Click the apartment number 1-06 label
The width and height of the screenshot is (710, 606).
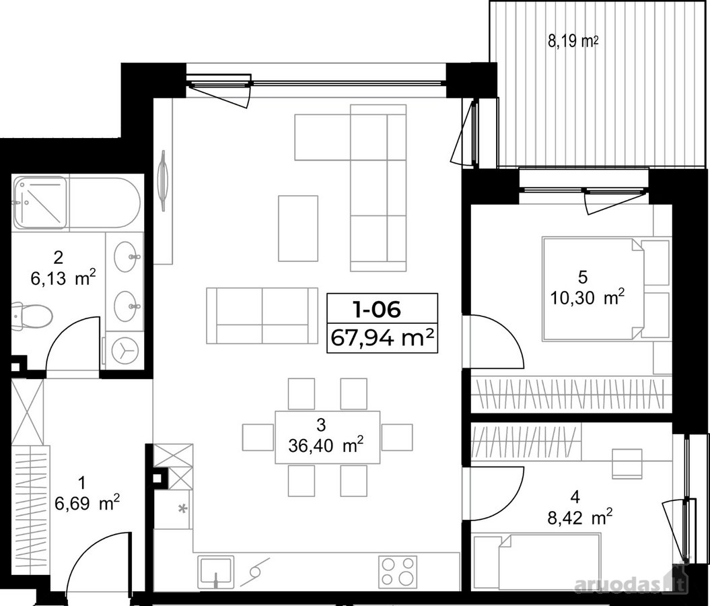tap(377, 310)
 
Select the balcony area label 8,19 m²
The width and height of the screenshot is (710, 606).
tap(573, 42)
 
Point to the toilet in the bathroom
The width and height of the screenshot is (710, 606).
tap(32, 314)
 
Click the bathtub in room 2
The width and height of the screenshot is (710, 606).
tap(77, 203)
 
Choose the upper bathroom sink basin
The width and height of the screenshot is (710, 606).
tap(127, 257)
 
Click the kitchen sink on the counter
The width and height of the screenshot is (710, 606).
tap(216, 570)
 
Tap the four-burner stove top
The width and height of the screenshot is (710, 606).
tap(398, 570)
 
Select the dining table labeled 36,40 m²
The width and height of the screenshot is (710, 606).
tap(327, 437)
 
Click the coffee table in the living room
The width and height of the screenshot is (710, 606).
tap(298, 228)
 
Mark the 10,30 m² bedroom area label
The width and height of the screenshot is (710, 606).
tap(588, 298)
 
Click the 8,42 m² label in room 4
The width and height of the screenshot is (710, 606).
tap(580, 517)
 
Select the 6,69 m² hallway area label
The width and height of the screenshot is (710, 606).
tap(87, 503)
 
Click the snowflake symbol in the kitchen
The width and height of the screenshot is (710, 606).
tap(183, 509)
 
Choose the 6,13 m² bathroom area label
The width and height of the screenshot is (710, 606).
tap(63, 278)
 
